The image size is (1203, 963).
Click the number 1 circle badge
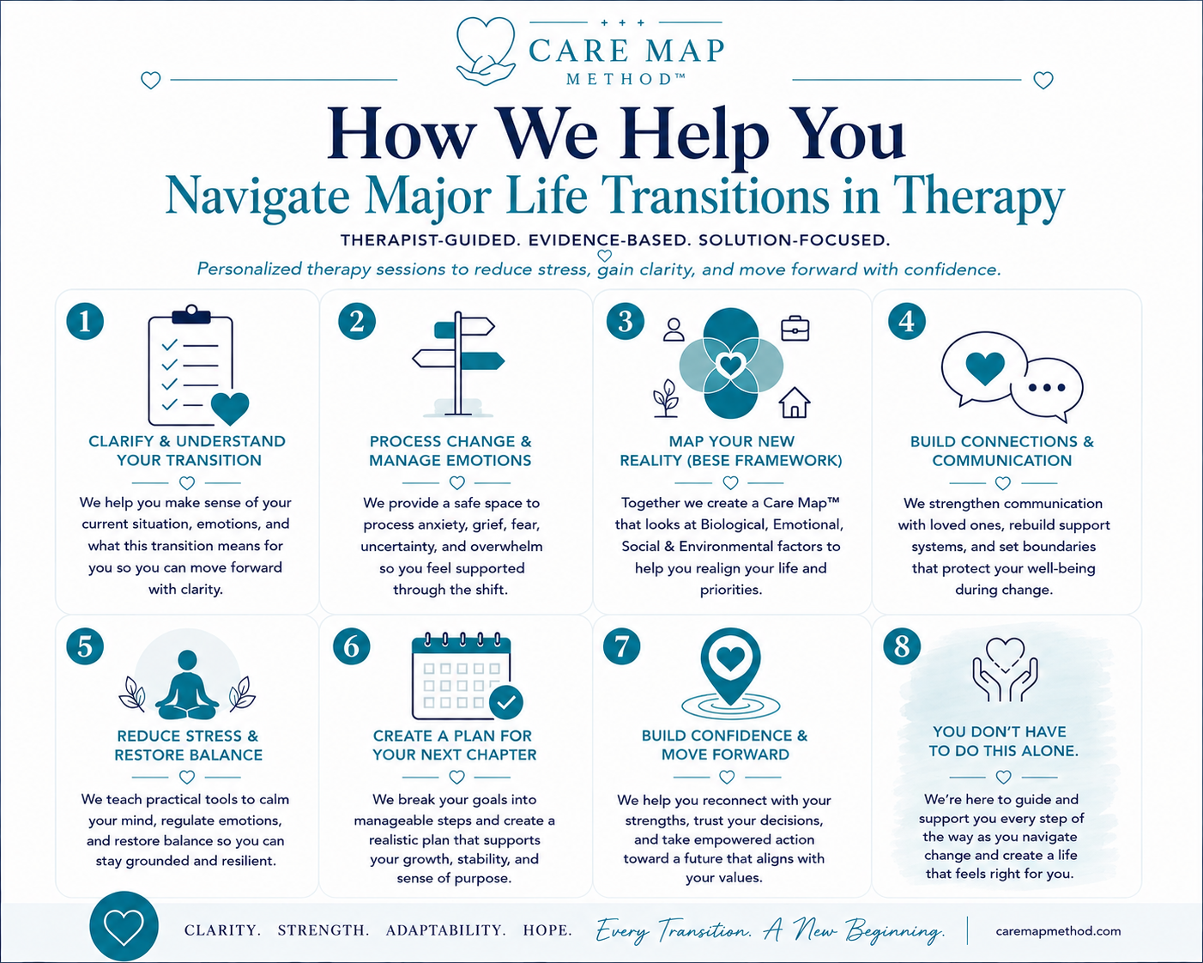click(x=85, y=321)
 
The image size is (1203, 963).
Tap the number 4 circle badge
click(x=907, y=321)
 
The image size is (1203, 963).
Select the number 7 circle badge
click(x=621, y=646)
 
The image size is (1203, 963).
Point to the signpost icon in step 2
click(x=458, y=364)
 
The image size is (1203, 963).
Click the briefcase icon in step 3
click(x=795, y=328)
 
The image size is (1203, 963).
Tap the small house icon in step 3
click(x=795, y=403)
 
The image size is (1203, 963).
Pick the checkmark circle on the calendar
click(x=506, y=702)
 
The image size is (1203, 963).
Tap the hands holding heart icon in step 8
click(x=1005, y=669)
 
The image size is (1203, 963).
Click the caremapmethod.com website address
click(x=1058, y=931)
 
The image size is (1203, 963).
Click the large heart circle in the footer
click(x=124, y=927)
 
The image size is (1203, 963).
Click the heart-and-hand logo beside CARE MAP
click(x=486, y=51)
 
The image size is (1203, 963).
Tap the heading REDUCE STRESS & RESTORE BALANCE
click(x=188, y=746)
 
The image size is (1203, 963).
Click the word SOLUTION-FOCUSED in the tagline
click(x=795, y=240)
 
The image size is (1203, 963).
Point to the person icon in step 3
click(x=674, y=330)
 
